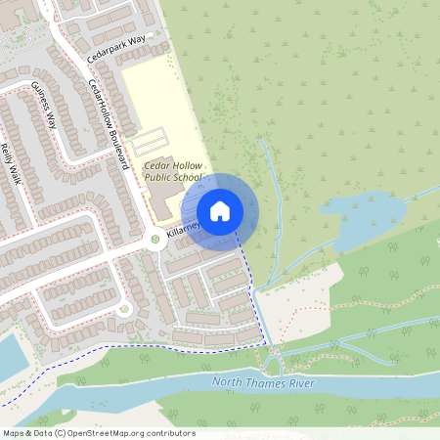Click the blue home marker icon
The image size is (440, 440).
[220, 211]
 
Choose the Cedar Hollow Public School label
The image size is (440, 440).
[173, 172]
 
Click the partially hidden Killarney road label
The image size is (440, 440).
[183, 229]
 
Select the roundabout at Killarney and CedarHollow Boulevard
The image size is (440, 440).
[154, 238]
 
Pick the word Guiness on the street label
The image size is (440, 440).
[40, 99]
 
